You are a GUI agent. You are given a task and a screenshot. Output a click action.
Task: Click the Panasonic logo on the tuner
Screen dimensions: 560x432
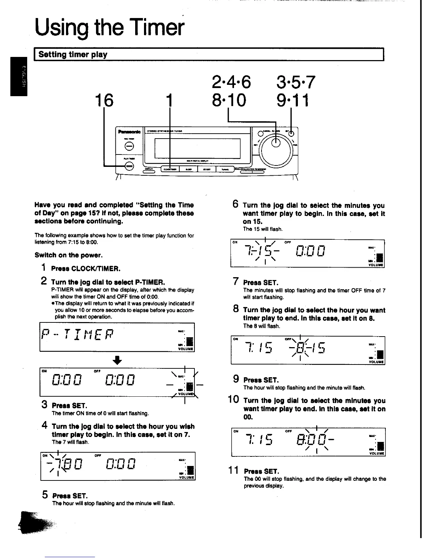129,132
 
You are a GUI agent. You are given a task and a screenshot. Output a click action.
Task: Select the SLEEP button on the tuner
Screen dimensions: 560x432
189,169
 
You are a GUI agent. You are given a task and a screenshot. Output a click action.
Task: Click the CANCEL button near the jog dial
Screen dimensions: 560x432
260,133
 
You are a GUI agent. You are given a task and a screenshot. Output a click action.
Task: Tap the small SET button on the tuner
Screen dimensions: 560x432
291,133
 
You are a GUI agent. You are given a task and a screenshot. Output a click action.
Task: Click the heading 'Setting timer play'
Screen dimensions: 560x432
73,54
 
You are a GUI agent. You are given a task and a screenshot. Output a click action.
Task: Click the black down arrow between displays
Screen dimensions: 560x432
117,360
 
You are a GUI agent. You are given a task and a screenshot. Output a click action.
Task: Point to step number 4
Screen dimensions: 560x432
45,426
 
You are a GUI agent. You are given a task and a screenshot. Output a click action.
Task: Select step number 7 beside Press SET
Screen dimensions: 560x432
236,282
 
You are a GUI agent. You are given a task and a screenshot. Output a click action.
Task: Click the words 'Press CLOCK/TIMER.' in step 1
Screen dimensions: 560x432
86,269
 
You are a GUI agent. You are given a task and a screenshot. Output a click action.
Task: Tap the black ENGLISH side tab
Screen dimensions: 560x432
19,76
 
